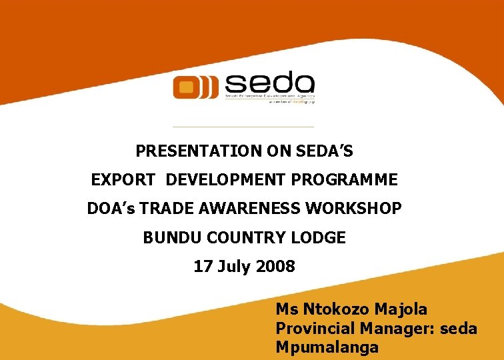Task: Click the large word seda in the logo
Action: pyautogui.click(x=269, y=84)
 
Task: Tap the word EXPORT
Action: pyautogui.click(x=124, y=180)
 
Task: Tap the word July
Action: pyautogui.click(x=233, y=267)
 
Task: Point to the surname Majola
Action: pyautogui.click(x=402, y=310)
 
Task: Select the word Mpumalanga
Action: pyautogui.click(x=327, y=347)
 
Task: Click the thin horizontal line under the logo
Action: pyautogui.click(x=243, y=127)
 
